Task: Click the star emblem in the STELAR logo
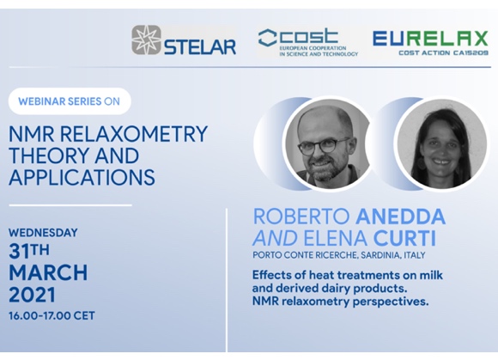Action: tap(147, 40)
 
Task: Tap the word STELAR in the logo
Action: tap(200, 46)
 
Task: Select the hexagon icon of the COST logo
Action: tap(268, 38)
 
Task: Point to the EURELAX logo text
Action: tap(430, 39)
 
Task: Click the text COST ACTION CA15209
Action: tap(443, 52)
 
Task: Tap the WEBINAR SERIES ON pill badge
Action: tap(70, 101)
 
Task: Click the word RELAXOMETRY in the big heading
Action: tap(133, 134)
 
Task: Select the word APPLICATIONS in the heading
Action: tap(82, 177)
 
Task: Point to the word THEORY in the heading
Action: tap(49, 156)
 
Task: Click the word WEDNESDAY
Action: tap(43, 233)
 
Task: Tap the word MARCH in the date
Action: tap(48, 272)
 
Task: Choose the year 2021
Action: tap(32, 294)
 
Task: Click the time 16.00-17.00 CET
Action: tap(52, 316)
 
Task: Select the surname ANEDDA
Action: tap(400, 217)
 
